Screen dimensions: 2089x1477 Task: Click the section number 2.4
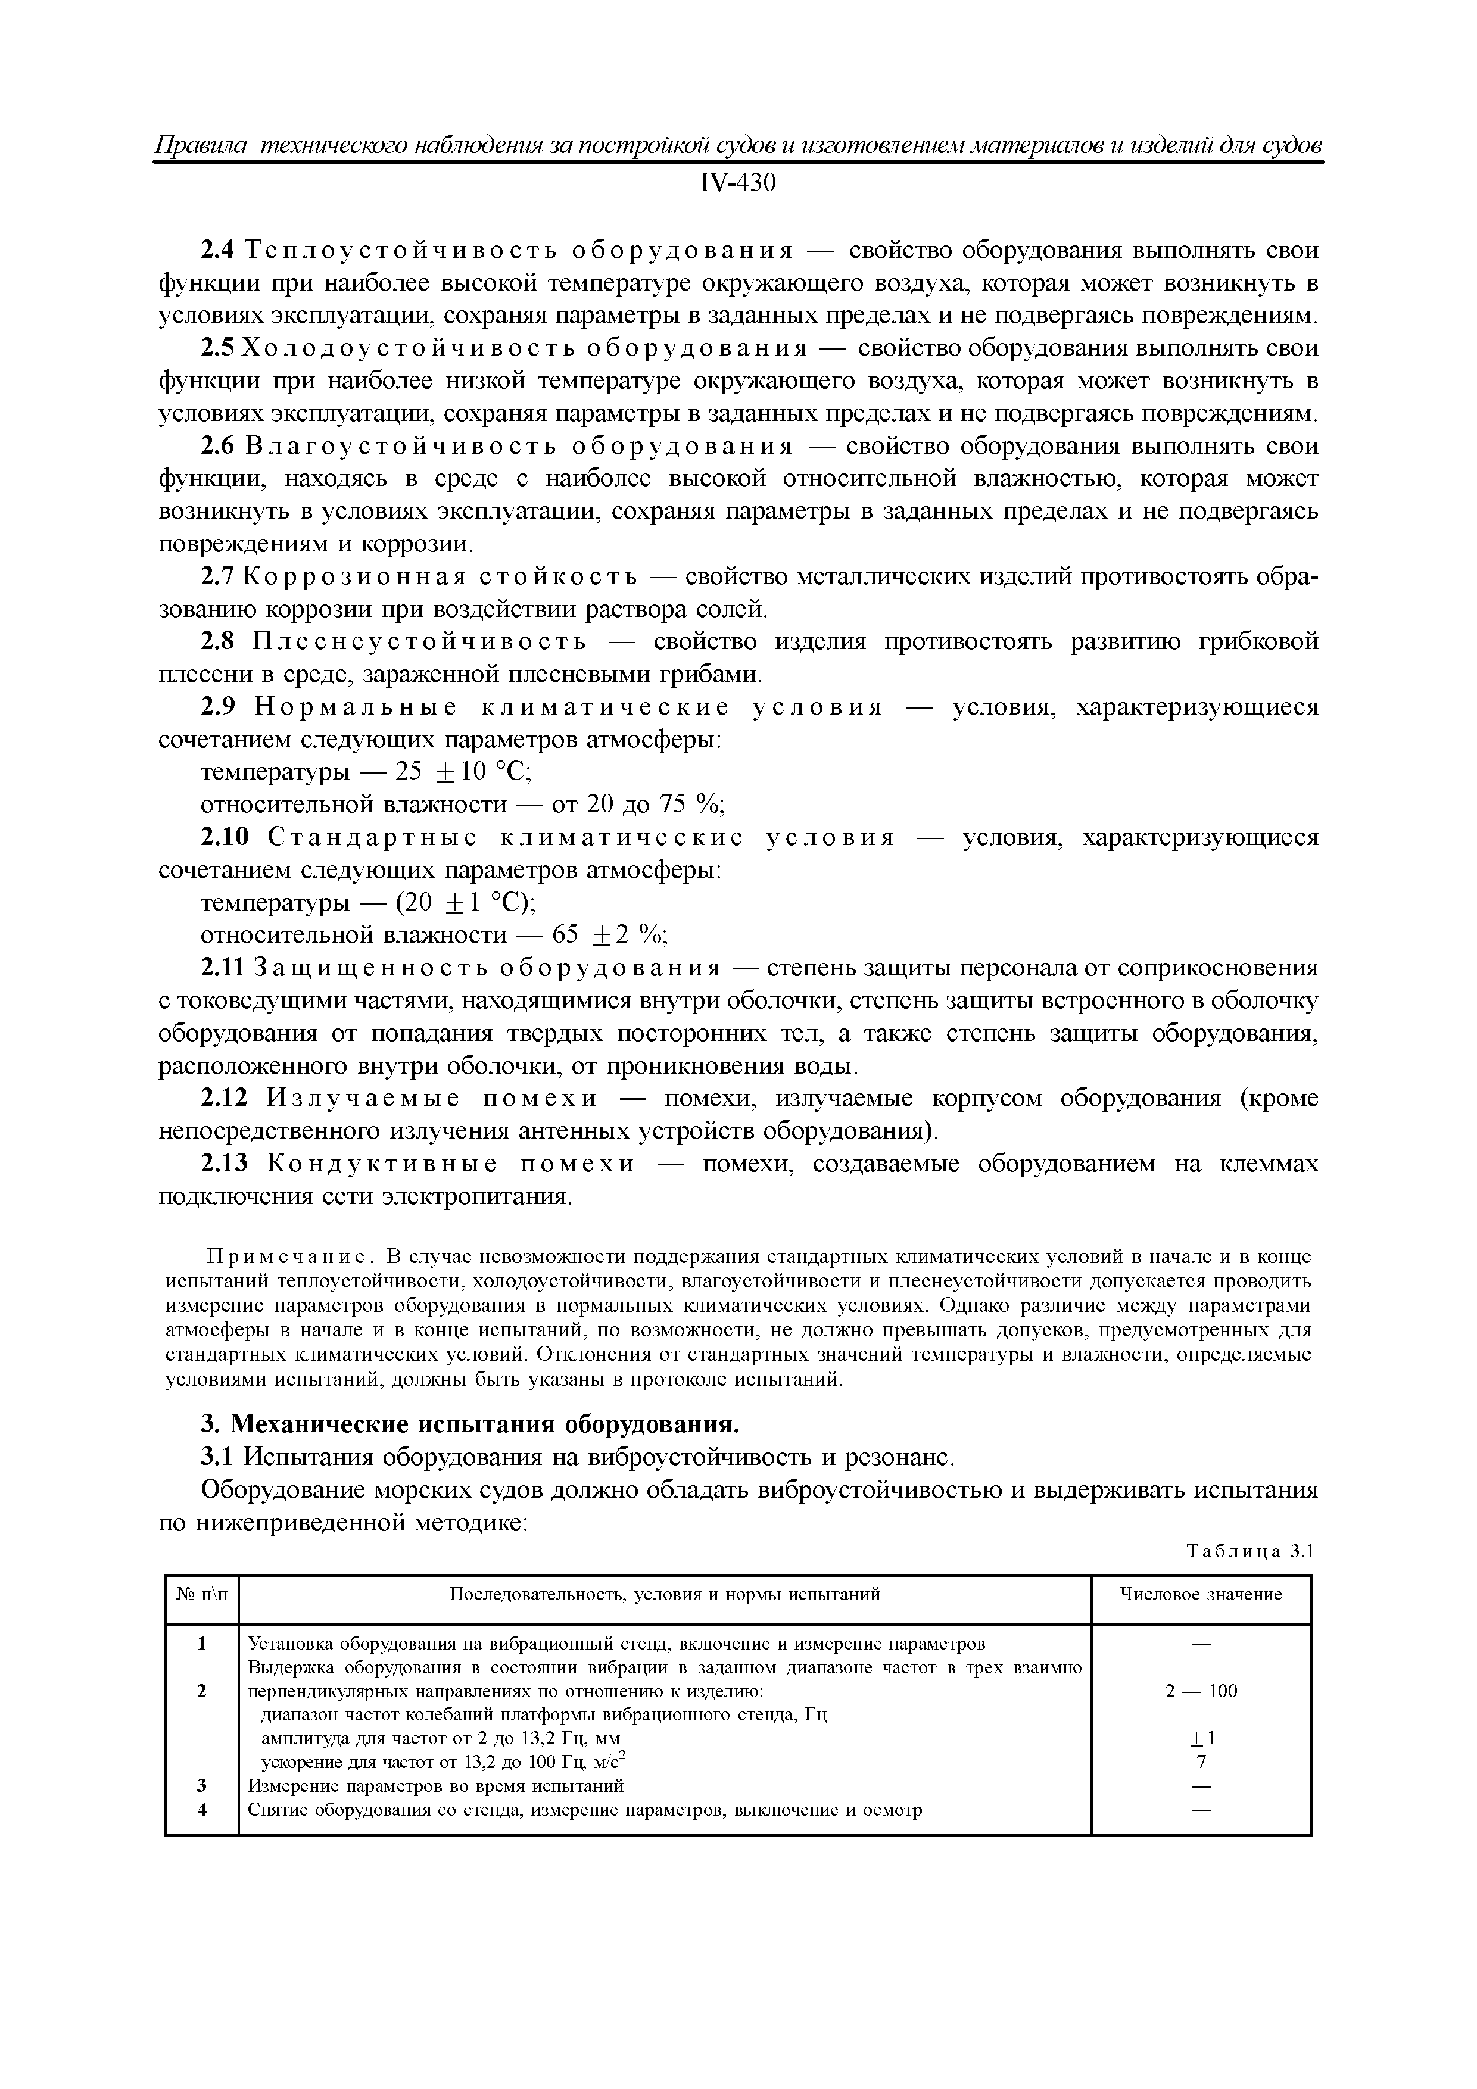(217, 250)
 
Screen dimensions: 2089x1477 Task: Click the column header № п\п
(201, 1594)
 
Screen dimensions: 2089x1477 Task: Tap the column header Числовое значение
(1199, 1594)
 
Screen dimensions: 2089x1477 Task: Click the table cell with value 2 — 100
(1200, 1691)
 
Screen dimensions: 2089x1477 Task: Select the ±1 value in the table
(1200, 1739)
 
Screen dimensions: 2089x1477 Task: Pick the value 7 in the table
(1200, 1762)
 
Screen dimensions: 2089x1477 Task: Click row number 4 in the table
(202, 1810)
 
